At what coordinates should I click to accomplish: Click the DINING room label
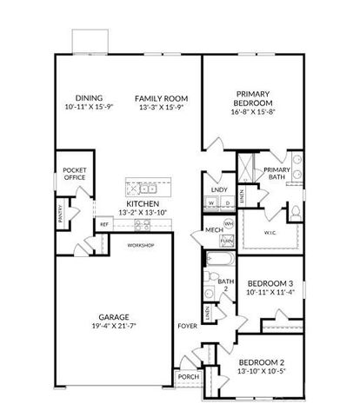88,98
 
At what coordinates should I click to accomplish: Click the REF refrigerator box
104,224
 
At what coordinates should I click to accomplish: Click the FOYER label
187,327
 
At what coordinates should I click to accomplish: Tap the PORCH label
187,377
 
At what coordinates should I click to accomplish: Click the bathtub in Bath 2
220,259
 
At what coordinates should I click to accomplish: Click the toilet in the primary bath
294,211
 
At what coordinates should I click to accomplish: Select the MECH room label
214,229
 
